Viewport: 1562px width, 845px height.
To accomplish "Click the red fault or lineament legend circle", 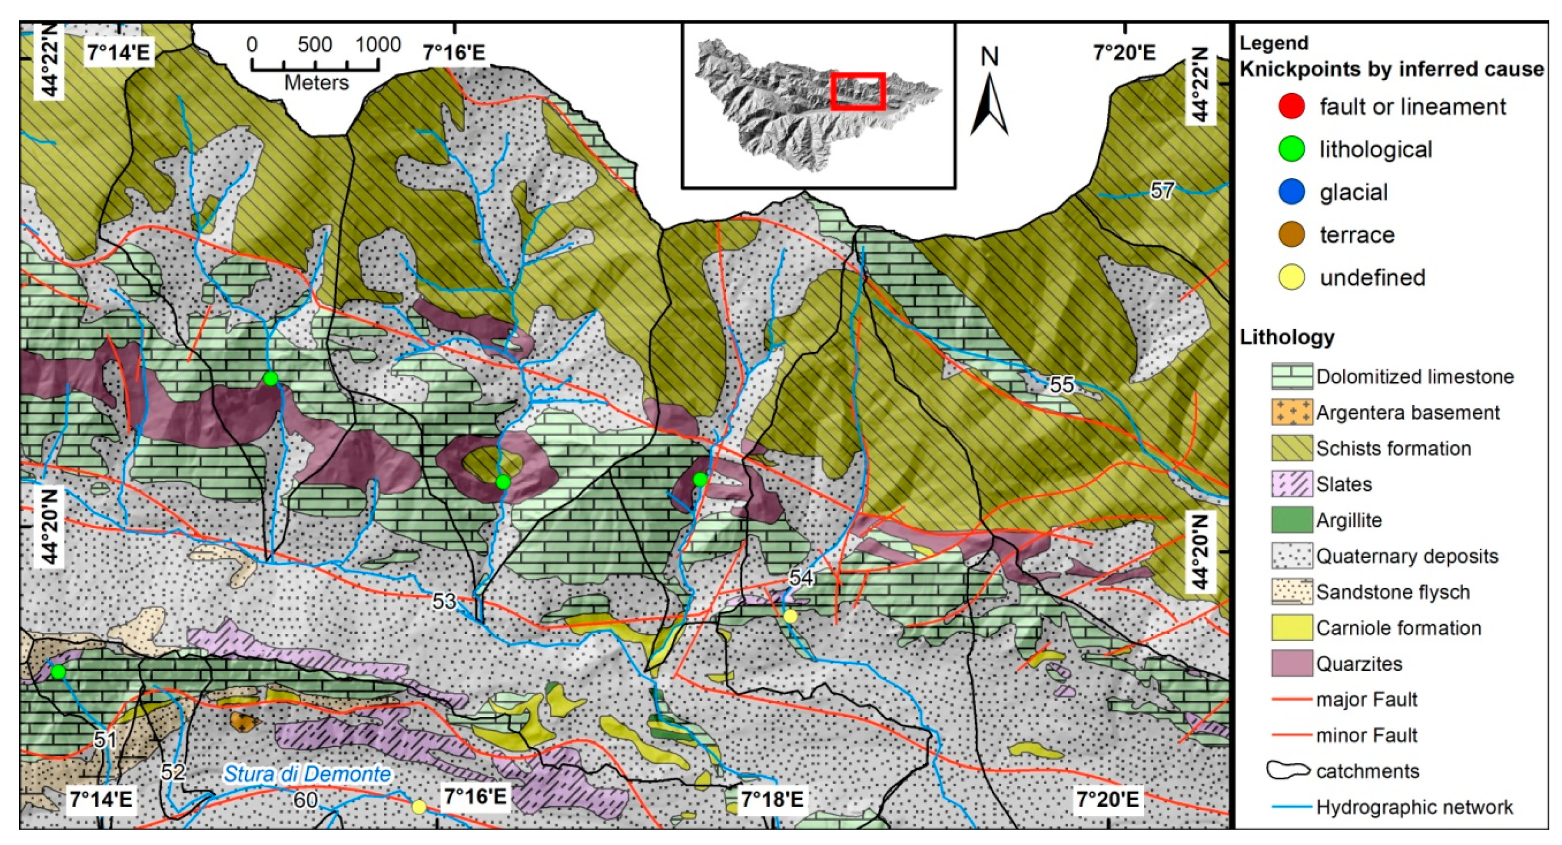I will (x=1292, y=107).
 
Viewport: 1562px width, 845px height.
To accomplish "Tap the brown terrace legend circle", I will (x=1292, y=235).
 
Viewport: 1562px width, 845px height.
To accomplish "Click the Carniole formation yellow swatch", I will (x=1292, y=628).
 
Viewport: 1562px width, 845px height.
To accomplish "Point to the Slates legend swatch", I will (x=1292, y=484).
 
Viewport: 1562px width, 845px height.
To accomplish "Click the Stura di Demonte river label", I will (x=307, y=774).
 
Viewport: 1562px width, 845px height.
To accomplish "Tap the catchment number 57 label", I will (x=1162, y=191).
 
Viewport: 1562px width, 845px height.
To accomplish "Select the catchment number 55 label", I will (x=1062, y=384).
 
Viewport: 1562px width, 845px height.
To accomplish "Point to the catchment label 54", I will (x=800, y=577).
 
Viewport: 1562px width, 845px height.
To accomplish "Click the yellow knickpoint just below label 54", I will (x=790, y=616).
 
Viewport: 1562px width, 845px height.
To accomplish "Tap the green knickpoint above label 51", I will (x=58, y=671).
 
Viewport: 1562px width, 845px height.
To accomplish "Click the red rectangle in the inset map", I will (x=858, y=91).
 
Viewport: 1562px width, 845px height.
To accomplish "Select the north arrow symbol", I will (x=989, y=103).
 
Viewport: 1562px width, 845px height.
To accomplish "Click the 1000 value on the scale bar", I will (x=378, y=46).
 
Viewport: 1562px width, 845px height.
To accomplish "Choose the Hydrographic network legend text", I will (x=1414, y=807).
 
